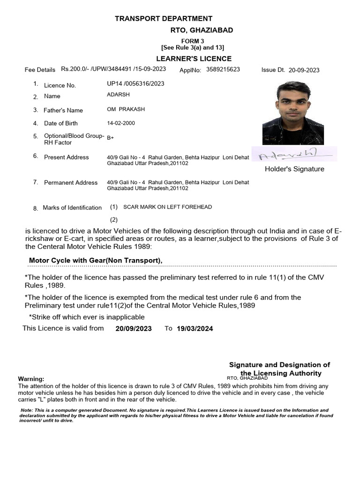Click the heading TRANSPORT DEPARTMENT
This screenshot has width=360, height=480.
pyautogui.click(x=164, y=18)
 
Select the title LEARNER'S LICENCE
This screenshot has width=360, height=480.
pyautogui.click(x=194, y=59)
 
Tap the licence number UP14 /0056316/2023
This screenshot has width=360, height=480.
pyautogui.click(x=135, y=83)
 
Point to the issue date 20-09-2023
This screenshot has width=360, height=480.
pyautogui.click(x=304, y=70)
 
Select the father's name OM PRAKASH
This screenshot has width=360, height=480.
pyautogui.click(x=126, y=109)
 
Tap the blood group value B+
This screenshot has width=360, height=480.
pyautogui.click(x=110, y=138)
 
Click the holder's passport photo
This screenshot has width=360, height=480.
pyautogui.click(x=286, y=113)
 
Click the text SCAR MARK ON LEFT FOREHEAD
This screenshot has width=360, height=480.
pyautogui.click(x=167, y=207)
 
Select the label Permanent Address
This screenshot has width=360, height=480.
pyautogui.click(x=71, y=182)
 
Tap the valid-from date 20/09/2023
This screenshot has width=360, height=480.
pyautogui.click(x=133, y=329)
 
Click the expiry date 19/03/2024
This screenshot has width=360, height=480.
pyautogui.click(x=195, y=329)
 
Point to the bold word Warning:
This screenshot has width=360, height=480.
pyautogui.click(x=31, y=379)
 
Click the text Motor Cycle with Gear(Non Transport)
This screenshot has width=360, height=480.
pyautogui.click(x=96, y=261)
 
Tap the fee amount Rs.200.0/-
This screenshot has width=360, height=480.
pyautogui.click(x=75, y=69)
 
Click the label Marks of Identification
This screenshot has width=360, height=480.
pyautogui.click(x=72, y=207)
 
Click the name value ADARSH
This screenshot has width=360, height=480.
pyautogui.click(x=118, y=95)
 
